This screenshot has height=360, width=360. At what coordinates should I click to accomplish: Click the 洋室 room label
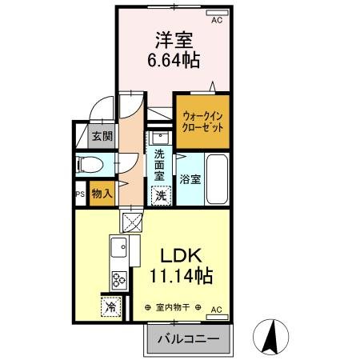click(x=173, y=39)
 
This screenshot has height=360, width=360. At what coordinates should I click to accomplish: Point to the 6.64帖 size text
click(x=173, y=60)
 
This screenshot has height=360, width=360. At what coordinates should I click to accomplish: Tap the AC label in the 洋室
click(x=216, y=22)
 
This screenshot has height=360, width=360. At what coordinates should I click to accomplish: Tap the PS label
click(x=80, y=194)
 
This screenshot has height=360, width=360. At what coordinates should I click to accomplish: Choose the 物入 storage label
click(x=102, y=193)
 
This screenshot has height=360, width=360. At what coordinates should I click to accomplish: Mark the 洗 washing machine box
click(x=160, y=194)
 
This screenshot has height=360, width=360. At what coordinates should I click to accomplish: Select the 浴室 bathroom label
click(x=190, y=179)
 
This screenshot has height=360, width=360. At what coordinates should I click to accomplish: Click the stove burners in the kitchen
click(x=119, y=280)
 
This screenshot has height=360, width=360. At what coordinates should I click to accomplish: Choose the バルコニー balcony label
click(x=188, y=339)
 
